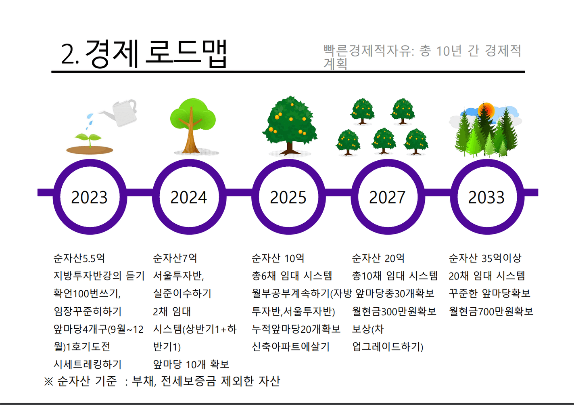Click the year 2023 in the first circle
(89, 197)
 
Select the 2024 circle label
(189, 197)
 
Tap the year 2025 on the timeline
(288, 197)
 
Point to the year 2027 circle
(387, 197)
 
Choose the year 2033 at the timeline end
(486, 197)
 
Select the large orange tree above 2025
(290, 126)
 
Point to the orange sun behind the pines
(486, 110)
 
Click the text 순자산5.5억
(79, 258)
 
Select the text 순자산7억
(175, 258)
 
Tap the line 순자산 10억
(278, 258)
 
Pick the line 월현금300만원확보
(394, 311)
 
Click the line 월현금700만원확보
(491, 311)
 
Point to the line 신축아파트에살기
(290, 346)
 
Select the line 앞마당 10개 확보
(191, 364)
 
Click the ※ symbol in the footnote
(48, 382)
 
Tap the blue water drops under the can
(89, 121)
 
